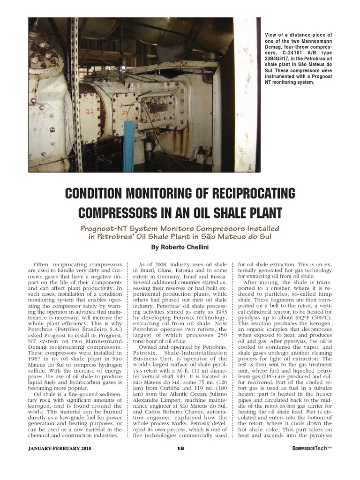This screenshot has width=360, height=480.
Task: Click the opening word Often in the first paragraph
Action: coord(44,264)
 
